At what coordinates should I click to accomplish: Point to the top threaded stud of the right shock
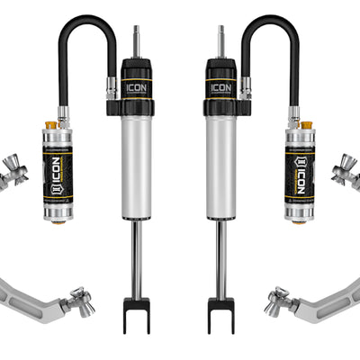point(221,40)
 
